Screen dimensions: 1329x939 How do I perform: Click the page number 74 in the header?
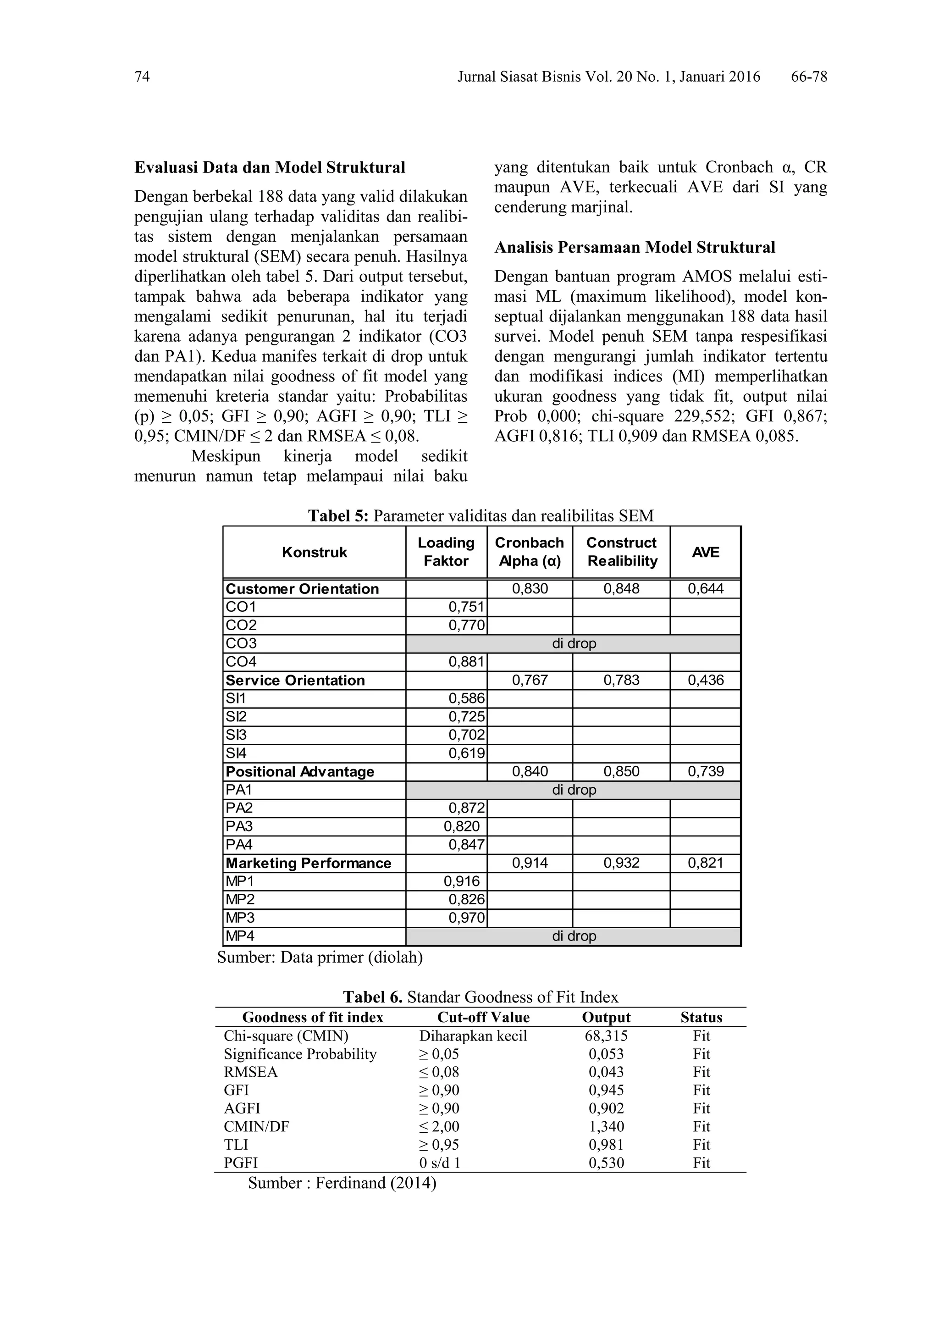[x=142, y=77]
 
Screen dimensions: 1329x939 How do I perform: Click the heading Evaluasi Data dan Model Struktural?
[x=270, y=168]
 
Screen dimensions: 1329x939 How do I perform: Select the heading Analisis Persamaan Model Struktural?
[x=634, y=248]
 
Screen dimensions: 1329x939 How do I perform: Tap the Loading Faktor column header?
[x=446, y=552]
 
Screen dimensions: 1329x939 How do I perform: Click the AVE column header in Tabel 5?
[x=705, y=552]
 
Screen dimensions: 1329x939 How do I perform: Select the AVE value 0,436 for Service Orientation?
[x=705, y=680]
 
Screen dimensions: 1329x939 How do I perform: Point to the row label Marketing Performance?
[x=309, y=863]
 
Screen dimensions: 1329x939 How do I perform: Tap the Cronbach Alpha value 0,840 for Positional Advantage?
[x=530, y=772]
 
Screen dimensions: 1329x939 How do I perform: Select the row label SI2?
[x=236, y=717]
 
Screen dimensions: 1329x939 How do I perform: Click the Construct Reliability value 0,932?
[x=621, y=863]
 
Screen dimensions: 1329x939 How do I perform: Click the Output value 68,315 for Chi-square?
[x=606, y=1036]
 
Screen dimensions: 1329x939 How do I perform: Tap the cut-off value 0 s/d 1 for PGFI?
[x=440, y=1163]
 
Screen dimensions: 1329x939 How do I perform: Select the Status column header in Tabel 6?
[x=701, y=1018]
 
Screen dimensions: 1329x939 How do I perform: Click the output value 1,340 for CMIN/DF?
[x=606, y=1126]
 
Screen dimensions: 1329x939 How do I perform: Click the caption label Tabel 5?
[x=338, y=516]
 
